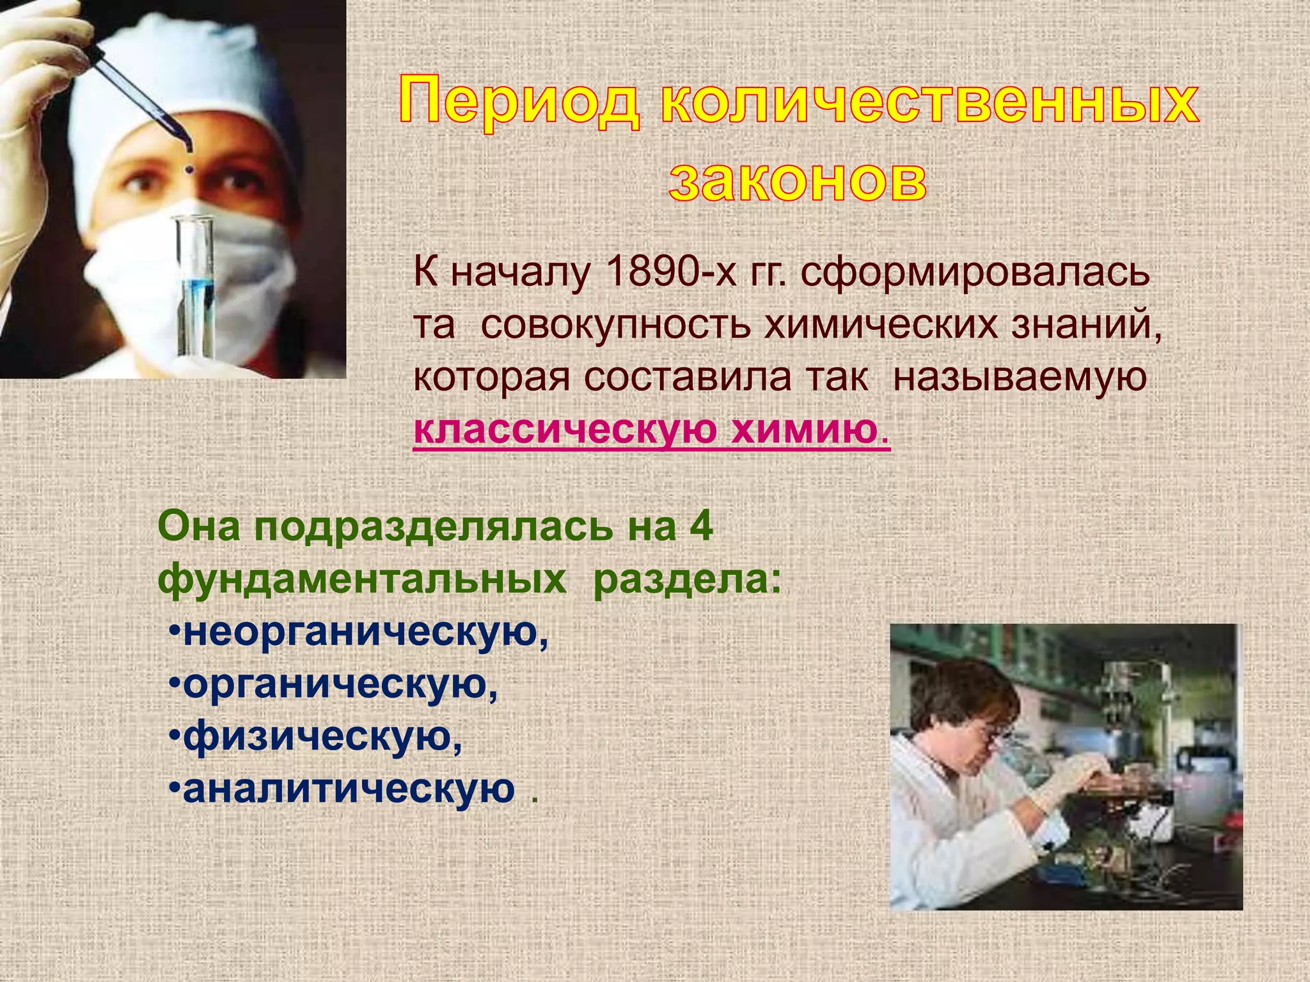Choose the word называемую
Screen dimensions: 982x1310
click(x=1020, y=377)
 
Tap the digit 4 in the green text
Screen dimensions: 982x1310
click(x=702, y=527)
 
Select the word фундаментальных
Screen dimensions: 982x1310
click(x=362, y=580)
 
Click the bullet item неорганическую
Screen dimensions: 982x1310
click(x=365, y=633)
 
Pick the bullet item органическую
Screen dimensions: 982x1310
click(x=340, y=685)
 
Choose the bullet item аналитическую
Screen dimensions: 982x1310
click(x=349, y=789)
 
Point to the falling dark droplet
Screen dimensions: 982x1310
click(x=189, y=170)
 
